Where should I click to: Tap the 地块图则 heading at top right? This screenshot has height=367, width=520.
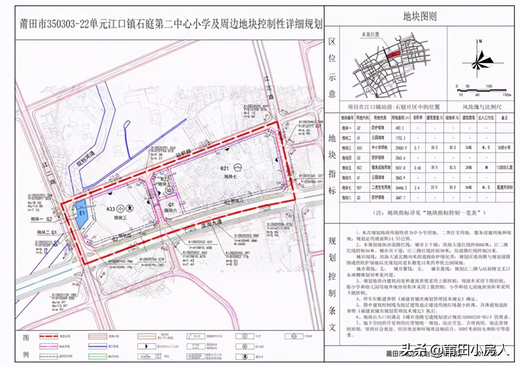tap(419, 16)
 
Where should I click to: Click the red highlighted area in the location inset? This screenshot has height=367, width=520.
tap(393, 53)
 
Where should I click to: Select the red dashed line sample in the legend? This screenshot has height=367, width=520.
tap(51, 336)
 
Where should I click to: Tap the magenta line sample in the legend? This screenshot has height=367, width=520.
tap(51, 346)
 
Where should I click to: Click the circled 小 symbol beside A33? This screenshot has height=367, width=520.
tap(120, 209)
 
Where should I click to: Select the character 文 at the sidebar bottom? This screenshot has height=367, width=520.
tap(332, 326)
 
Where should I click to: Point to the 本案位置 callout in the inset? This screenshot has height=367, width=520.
tap(370, 35)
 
